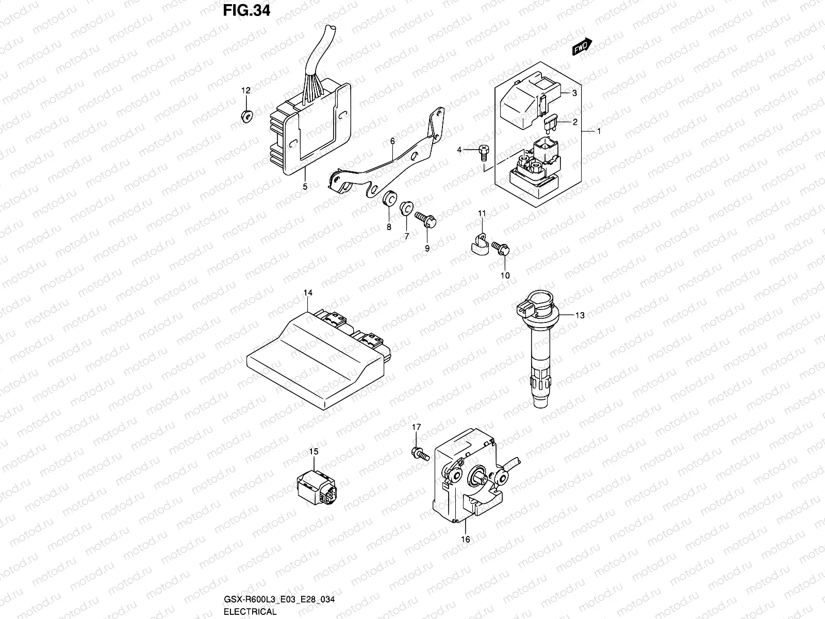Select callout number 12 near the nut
click(246, 90)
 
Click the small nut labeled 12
click(246, 116)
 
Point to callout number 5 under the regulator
click(305, 187)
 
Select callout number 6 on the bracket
click(392, 140)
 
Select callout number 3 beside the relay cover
click(574, 93)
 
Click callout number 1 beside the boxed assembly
click(599, 132)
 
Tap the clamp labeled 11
click(480, 243)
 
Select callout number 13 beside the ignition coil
click(580, 315)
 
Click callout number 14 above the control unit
click(308, 293)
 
